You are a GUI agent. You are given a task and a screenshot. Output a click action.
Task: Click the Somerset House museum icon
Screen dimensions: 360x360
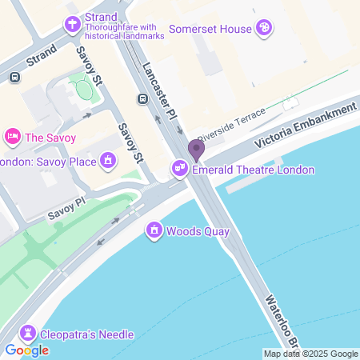[x=264, y=29]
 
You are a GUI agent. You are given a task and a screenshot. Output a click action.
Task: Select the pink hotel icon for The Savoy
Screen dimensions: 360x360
[x=12, y=137]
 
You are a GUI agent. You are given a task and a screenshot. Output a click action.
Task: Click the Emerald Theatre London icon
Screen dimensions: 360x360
[x=180, y=170]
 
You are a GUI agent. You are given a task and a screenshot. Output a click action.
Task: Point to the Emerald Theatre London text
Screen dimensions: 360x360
[x=252, y=170]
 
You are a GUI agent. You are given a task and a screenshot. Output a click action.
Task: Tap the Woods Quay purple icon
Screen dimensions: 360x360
[x=153, y=232]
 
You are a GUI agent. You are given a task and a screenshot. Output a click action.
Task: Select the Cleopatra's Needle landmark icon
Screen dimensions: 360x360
[x=29, y=334]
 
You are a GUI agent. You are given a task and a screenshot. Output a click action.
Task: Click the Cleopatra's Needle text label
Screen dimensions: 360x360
[x=89, y=334]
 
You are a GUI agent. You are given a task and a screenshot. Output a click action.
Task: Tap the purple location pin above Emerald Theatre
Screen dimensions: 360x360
[x=196, y=150]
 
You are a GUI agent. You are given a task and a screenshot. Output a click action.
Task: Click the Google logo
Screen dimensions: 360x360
[x=26, y=350]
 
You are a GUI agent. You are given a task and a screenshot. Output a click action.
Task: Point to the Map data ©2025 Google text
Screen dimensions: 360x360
[x=310, y=354]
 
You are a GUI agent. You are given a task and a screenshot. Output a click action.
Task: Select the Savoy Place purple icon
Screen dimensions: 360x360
[x=107, y=161]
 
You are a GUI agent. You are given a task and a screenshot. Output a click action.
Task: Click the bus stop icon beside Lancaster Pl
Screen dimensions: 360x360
[x=142, y=99]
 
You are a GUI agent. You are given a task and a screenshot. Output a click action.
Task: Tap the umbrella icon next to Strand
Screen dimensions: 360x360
[x=73, y=24]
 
